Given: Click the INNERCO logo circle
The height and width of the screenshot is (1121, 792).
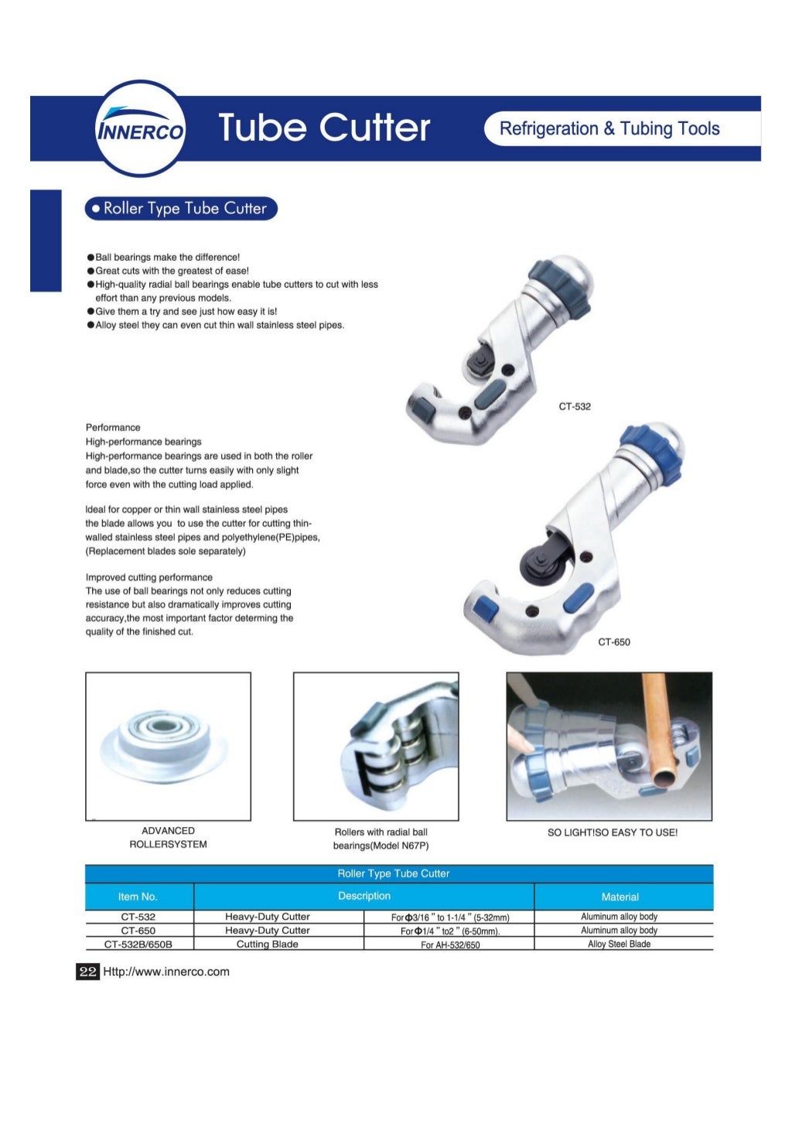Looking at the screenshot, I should [140, 128].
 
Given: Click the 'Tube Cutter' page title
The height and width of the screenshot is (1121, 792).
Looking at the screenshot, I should [323, 128].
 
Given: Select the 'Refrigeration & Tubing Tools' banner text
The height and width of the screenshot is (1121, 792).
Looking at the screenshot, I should [609, 129].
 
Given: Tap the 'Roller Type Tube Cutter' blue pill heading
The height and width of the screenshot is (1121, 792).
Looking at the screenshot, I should [180, 209].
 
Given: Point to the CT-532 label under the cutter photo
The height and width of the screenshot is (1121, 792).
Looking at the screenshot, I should [575, 407].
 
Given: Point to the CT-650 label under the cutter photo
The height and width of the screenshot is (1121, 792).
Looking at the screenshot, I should [613, 642].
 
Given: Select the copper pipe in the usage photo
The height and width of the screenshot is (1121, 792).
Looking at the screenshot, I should [660, 727].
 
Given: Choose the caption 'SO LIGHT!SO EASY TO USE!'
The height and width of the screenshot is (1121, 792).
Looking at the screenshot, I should [612, 832].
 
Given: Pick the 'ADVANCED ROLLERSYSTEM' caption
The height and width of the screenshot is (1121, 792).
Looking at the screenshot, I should [168, 838].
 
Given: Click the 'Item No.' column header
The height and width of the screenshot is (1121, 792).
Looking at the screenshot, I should [138, 897].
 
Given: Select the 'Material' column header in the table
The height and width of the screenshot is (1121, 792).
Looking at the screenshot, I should [620, 897].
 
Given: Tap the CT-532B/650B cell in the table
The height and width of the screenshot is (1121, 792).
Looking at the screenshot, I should [138, 945].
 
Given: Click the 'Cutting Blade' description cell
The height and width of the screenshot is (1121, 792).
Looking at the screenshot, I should [267, 945].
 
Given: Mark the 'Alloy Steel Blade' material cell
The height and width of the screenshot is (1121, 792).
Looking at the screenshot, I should [619, 945].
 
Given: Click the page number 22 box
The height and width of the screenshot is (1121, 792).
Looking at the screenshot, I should [87, 972].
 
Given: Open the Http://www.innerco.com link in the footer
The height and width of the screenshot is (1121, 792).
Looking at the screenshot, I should [166, 972].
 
